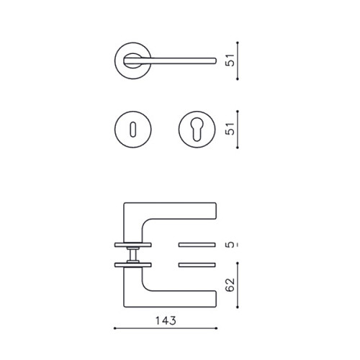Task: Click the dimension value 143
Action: (166, 320)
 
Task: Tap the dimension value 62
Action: (230, 285)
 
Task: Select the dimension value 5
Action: (230, 245)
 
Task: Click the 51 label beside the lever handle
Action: (230, 60)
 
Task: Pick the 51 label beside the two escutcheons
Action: (230, 129)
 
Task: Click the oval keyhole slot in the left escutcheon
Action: (132, 130)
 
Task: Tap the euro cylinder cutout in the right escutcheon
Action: (197, 128)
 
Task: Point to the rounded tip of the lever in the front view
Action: (215, 61)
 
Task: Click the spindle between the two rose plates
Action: (132, 255)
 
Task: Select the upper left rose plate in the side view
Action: (132, 245)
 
